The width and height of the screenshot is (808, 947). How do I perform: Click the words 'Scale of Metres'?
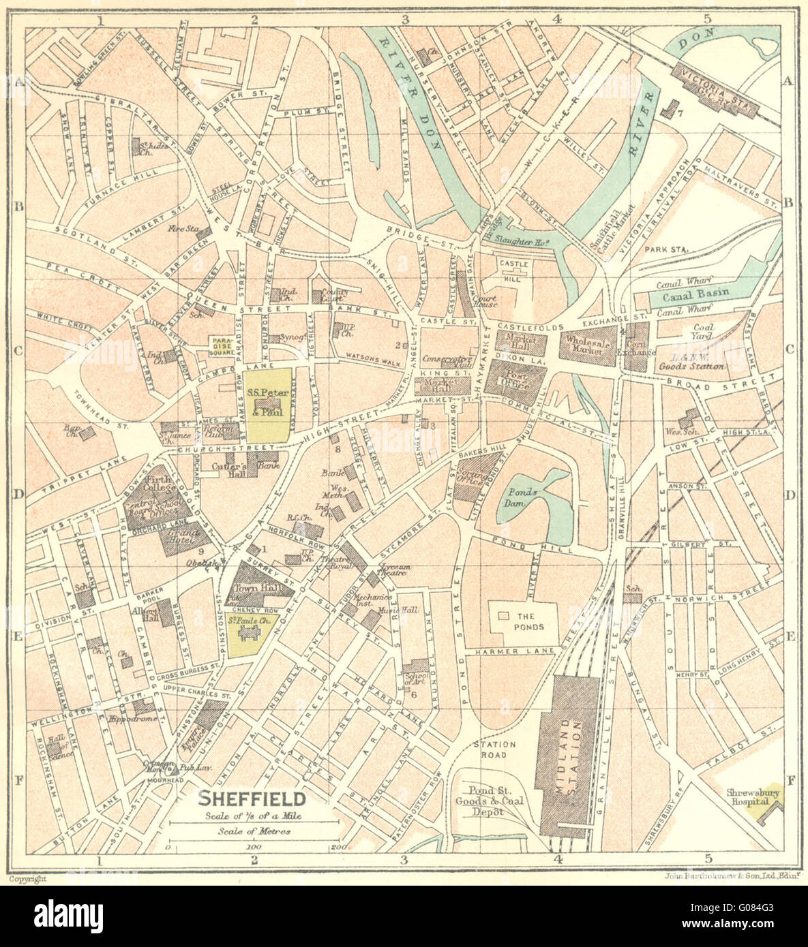(x=254, y=830)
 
